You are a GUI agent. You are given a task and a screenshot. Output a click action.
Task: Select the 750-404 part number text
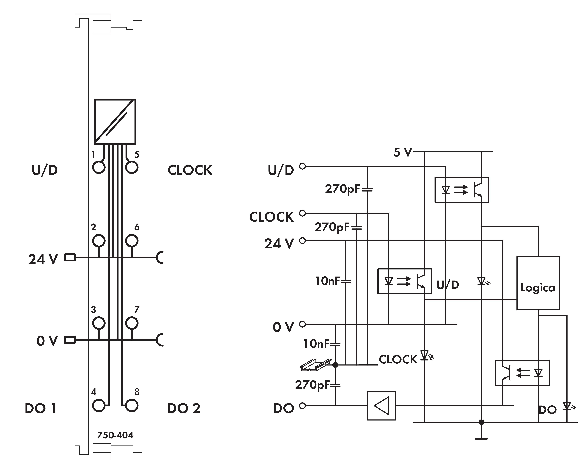coord(115,435)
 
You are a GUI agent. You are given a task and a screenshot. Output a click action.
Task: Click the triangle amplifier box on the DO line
coord(381,406)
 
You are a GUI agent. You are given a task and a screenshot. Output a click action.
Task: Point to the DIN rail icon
coord(316,365)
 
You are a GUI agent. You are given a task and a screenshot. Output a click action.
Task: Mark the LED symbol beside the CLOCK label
coord(425,355)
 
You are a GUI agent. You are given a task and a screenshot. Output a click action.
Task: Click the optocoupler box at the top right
coord(461,190)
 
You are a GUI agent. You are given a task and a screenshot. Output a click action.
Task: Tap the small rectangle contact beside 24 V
coord(70,257)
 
